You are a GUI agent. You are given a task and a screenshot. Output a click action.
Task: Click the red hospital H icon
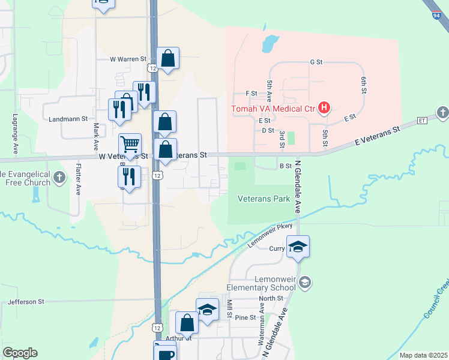(324, 108)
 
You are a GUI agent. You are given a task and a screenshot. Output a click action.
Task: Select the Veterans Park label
(264, 199)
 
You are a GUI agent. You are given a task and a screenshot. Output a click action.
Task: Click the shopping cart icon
(130, 144)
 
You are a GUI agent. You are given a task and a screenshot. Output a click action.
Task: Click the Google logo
(20, 353)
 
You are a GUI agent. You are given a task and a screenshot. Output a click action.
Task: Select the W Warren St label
(128, 59)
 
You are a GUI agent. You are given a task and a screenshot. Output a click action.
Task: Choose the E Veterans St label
(377, 136)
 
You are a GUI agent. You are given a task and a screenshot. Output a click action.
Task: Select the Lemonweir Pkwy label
(269, 235)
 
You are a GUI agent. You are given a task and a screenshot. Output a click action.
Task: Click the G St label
(316, 62)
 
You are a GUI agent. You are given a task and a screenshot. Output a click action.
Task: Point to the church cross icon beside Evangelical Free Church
(59, 178)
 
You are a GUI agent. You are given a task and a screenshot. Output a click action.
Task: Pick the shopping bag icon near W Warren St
(168, 59)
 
